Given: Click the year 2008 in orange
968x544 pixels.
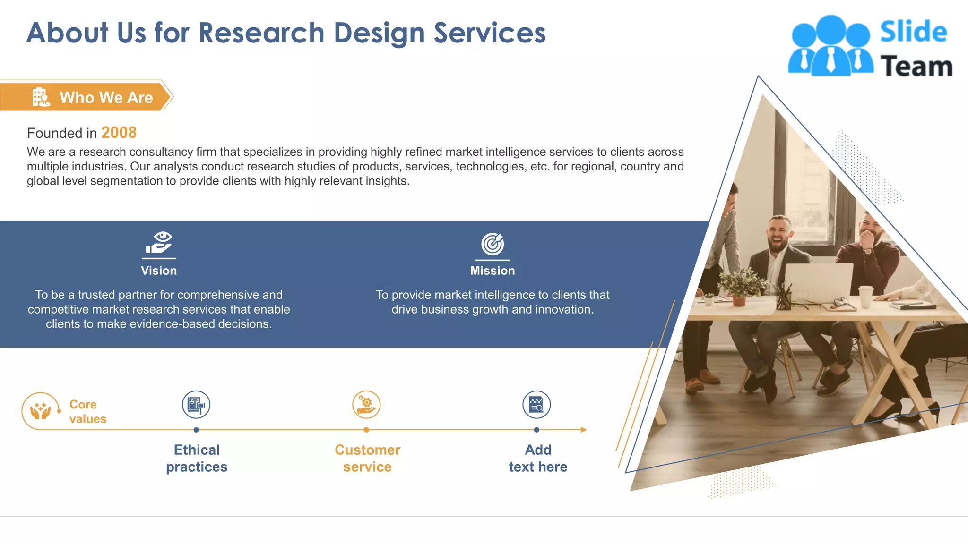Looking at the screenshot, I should [119, 133].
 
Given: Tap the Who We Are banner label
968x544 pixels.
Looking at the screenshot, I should [106, 97].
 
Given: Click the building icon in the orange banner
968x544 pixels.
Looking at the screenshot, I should [41, 97].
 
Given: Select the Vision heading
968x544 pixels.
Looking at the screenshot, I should [159, 271].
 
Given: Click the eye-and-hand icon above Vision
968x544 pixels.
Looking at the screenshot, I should [159, 243].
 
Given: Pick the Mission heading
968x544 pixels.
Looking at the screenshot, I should [492, 271].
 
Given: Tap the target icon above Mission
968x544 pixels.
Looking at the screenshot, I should [493, 244].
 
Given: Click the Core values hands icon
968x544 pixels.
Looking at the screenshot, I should [41, 410].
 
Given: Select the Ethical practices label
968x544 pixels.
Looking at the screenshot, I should [197, 458].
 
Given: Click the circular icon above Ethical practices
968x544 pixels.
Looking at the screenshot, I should [196, 405].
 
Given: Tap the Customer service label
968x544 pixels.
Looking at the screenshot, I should [367, 458].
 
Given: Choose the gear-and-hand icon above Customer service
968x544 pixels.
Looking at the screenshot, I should [366, 405].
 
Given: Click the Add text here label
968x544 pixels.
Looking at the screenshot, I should [538, 458].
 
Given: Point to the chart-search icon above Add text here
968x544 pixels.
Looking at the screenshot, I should [536, 405].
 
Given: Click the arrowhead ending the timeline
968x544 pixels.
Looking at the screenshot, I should [584, 430].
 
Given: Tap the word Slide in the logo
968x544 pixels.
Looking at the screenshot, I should [913, 32].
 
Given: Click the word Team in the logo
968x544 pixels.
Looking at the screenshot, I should [916, 66].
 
